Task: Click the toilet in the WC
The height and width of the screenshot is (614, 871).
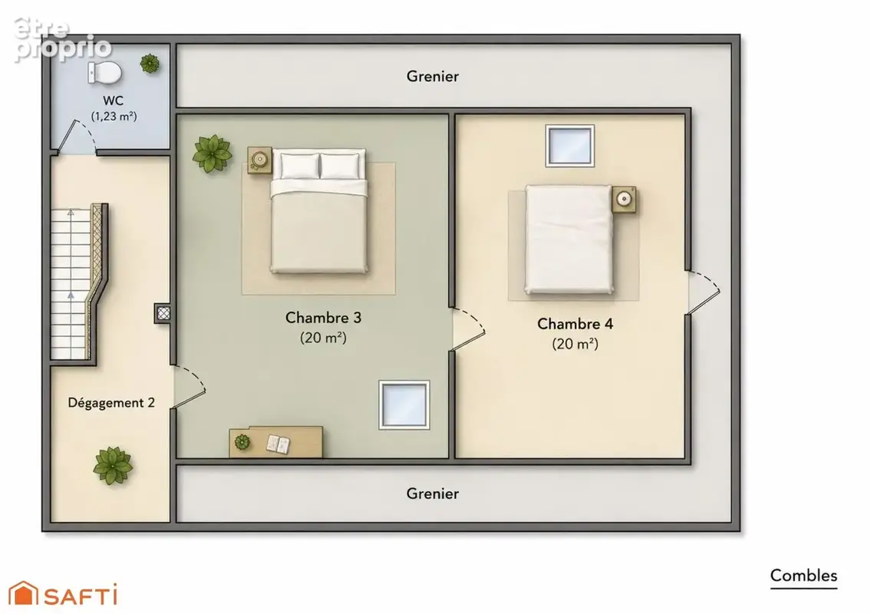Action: point(105,73)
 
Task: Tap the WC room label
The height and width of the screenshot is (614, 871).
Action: point(114,101)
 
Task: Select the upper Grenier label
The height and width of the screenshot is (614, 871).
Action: point(433,76)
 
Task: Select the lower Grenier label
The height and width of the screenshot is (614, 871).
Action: point(433,494)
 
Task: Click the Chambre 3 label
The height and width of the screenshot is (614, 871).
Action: point(323,317)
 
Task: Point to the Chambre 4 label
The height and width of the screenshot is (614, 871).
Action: point(575,324)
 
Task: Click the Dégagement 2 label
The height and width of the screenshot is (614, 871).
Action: point(111,403)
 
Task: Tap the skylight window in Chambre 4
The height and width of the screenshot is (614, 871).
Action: point(570,146)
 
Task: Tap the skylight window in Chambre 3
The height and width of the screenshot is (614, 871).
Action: point(404,405)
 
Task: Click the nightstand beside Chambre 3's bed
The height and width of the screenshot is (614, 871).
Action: point(259,160)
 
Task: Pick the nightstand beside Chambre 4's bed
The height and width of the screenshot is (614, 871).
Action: point(625,199)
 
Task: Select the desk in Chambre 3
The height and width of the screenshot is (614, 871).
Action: point(276,442)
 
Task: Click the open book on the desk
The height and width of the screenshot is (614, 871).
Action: point(278,444)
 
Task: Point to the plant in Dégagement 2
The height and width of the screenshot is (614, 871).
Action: point(113,466)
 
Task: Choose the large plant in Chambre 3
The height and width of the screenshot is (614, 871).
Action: point(212,154)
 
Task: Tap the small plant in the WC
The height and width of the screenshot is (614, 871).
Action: point(150,64)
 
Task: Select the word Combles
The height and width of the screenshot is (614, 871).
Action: point(803,576)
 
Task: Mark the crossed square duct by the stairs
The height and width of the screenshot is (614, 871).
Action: point(163,313)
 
